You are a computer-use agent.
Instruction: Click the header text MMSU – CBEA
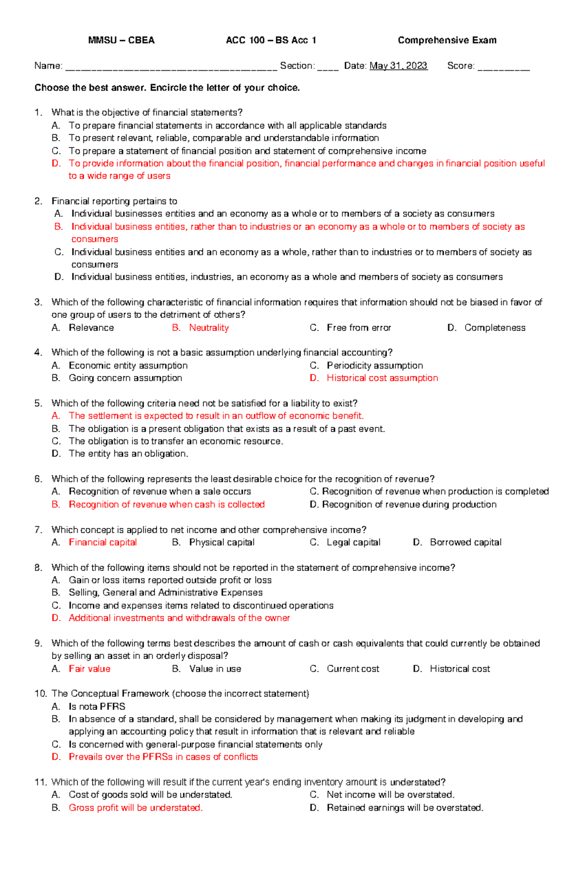tap(121, 40)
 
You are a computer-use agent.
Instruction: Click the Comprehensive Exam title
tap(447, 40)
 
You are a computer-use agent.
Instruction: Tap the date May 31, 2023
tap(398, 66)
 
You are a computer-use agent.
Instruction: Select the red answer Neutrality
tap(209, 328)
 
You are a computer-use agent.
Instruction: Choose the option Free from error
tap(359, 328)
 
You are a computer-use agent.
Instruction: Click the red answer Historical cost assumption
tap(382, 378)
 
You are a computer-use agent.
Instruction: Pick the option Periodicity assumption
tap(374, 365)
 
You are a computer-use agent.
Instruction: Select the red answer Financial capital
tap(102, 542)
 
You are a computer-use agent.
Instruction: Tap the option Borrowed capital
tap(466, 542)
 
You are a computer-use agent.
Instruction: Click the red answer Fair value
tap(90, 669)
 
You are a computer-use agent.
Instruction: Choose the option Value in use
tap(215, 669)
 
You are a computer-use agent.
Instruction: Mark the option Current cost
tap(353, 669)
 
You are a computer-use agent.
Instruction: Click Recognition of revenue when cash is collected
tap(167, 504)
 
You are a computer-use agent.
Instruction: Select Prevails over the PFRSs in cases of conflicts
tap(163, 757)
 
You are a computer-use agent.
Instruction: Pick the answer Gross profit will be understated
tap(136, 808)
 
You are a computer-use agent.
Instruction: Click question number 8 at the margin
tap(38, 568)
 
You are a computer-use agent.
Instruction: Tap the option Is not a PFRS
tap(97, 706)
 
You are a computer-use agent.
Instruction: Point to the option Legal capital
tap(353, 542)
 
